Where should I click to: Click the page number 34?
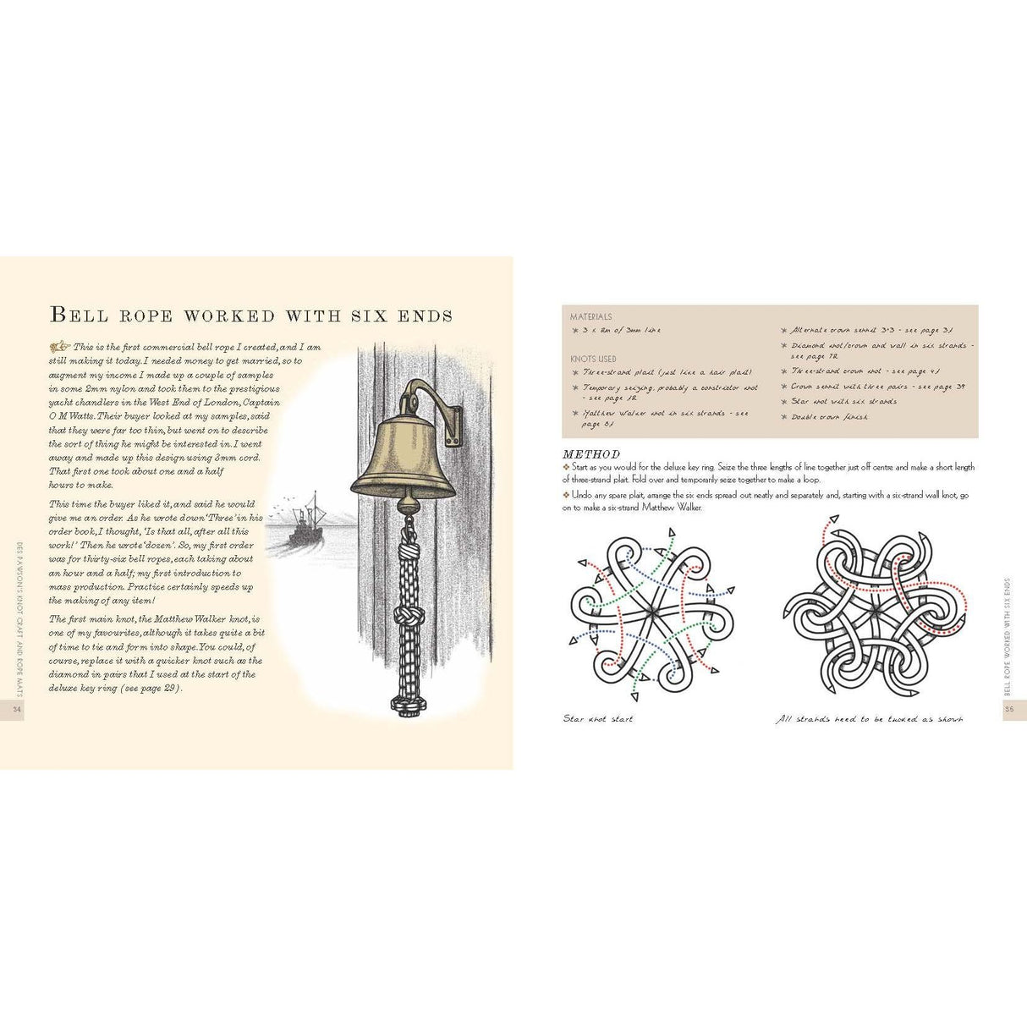[15, 710]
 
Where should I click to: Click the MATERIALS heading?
[590, 316]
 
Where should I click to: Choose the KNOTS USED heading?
[593, 359]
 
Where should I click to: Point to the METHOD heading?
[591, 454]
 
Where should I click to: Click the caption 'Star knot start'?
[598, 719]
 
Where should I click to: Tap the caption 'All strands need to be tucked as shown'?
[870, 719]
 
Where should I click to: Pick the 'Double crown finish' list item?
[829, 417]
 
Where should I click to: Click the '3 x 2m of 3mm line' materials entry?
[622, 331]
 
